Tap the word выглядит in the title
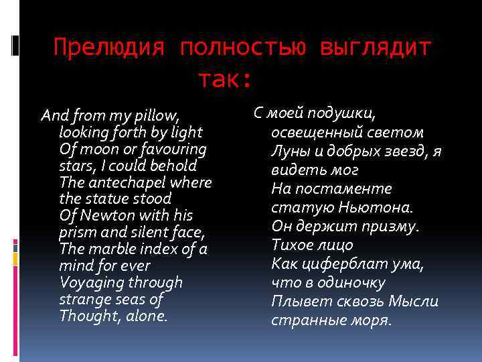click(x=376, y=49)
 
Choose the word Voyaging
click(x=87, y=283)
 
